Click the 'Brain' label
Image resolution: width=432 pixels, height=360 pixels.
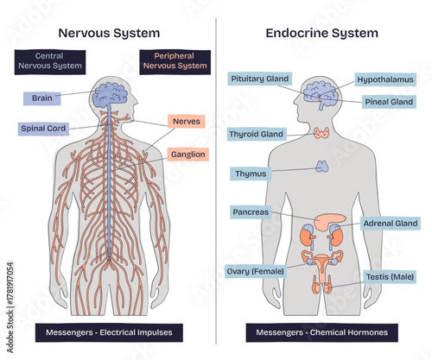[41, 98]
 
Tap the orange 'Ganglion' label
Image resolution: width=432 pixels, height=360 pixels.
[187, 155]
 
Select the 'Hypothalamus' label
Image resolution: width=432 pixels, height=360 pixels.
[385, 79]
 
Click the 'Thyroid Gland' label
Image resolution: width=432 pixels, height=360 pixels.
[257, 135]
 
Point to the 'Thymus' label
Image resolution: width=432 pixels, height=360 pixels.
[251, 174]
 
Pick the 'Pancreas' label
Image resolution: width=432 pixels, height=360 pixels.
[251, 212]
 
